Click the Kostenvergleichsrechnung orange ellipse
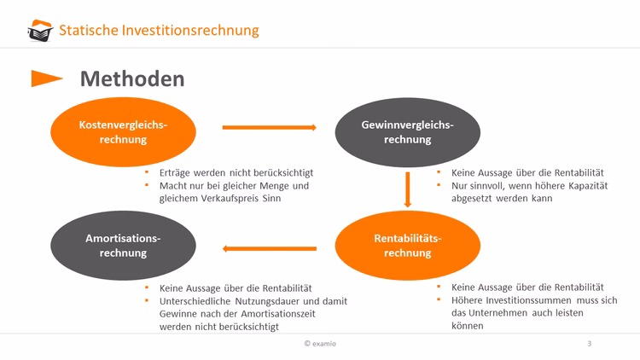(123, 131)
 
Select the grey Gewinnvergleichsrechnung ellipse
(407, 131)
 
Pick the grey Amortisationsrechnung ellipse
(123, 245)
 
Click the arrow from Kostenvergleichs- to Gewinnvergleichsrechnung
(269, 128)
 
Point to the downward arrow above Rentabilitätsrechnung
(408, 189)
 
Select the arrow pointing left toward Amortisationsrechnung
(269, 249)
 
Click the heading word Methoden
(131, 79)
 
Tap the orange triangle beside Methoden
(46, 79)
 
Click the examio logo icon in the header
(39, 32)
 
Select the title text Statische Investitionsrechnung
(159, 31)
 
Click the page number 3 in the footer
(589, 344)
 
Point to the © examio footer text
(320, 344)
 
